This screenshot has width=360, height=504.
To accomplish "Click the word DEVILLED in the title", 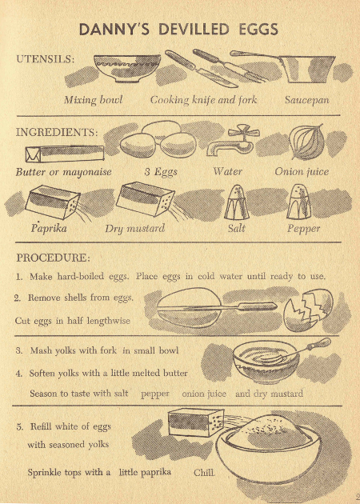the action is tap(194, 30).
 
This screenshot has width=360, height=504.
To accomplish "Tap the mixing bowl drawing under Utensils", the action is tap(127, 68).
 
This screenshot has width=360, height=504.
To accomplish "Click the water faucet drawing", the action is tap(232, 141).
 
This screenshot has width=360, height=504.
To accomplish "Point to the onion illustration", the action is tap(306, 142).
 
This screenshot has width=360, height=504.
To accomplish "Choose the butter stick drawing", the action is tap(65, 154).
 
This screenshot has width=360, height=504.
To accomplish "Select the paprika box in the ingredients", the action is tap(52, 202).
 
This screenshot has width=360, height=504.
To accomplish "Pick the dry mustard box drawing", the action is tap(146, 199).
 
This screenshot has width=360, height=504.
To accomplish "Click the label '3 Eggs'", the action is tap(161, 172).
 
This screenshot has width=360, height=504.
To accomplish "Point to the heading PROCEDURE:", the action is tap(54, 258).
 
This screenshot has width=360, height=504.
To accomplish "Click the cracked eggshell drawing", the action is tap(309, 310).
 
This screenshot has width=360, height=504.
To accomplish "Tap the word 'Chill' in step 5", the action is tap(205, 473).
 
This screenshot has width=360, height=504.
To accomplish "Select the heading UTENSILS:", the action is tap(46, 59).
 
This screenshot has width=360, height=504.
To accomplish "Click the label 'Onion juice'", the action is tap(302, 172).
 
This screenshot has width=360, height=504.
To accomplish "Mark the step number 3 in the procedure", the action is tap(20, 350).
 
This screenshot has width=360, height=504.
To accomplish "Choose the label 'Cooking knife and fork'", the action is tap(203, 100).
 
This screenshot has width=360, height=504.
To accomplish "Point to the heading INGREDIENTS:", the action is tap(57, 133).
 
